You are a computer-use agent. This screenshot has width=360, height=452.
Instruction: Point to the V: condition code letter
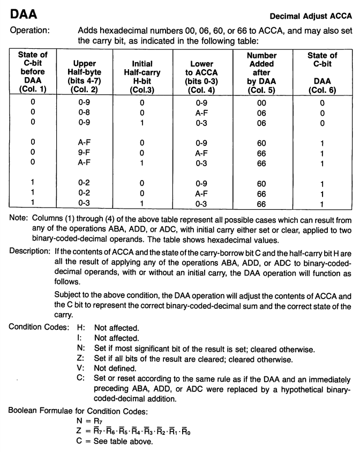point(81,368)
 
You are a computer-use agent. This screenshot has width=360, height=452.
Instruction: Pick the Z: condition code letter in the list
point(81,358)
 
